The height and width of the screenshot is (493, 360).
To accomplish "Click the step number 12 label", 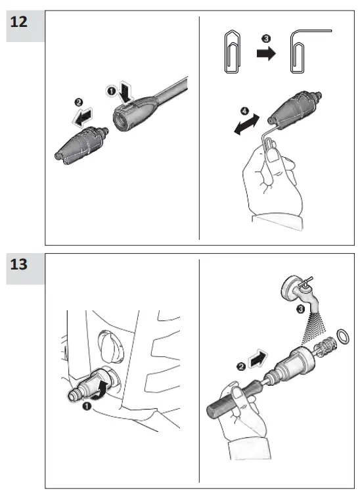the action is point(19,22).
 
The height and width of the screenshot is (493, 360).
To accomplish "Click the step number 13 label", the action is point(19,264).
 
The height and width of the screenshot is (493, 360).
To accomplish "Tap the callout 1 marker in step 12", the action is point(112,91).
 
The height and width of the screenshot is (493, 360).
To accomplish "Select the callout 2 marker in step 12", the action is point(79,102).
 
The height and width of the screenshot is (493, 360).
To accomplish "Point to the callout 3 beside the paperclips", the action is point(266,39).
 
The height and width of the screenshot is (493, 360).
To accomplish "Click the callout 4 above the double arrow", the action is point(244,110).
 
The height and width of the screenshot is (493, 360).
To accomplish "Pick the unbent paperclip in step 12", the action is point(233,51).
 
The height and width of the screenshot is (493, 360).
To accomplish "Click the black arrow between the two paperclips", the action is point(266,53).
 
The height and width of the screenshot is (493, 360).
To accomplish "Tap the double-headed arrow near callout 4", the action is point(247,124).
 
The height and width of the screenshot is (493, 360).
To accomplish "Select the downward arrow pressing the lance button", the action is point(126,92).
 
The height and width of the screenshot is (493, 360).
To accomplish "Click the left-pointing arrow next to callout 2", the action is point(83,117).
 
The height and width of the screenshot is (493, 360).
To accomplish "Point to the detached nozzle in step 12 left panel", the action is point(81,145).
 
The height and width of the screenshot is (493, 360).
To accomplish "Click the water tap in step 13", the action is point(300,293).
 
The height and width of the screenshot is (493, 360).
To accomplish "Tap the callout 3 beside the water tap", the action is point(301,310).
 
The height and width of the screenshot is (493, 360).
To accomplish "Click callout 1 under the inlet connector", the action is point(87,406).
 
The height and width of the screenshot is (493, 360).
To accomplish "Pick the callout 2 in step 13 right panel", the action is point(241,367).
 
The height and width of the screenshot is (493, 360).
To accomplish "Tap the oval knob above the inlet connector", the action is point(111,346).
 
